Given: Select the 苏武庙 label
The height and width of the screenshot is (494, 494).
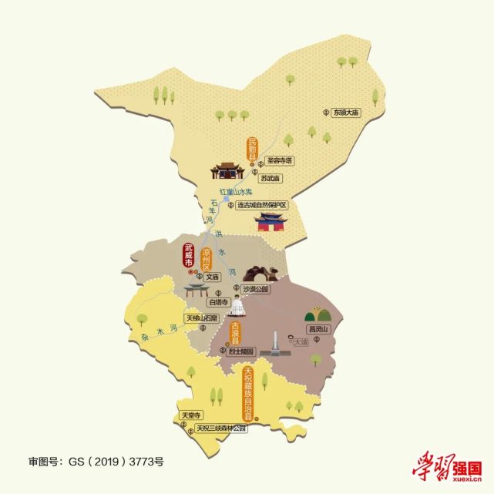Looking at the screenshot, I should coord(271,178).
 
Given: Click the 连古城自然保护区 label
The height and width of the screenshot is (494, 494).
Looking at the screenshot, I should coord(261,206).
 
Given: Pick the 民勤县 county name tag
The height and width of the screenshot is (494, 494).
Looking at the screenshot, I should coord(251,152).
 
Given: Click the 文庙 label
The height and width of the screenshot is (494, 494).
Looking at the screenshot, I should coord(213,275).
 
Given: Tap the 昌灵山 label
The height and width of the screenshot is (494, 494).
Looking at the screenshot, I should coord(318,329).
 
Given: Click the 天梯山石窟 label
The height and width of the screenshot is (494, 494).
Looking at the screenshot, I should coord(203,318).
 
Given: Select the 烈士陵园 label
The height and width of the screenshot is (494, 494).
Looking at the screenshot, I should coord(241,351).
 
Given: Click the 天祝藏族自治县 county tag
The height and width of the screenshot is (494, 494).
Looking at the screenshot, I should coord(248,392).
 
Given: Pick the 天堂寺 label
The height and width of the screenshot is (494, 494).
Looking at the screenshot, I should coord(190,415).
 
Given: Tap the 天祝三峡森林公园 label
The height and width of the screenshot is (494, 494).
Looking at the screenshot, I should coord(220,428).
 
